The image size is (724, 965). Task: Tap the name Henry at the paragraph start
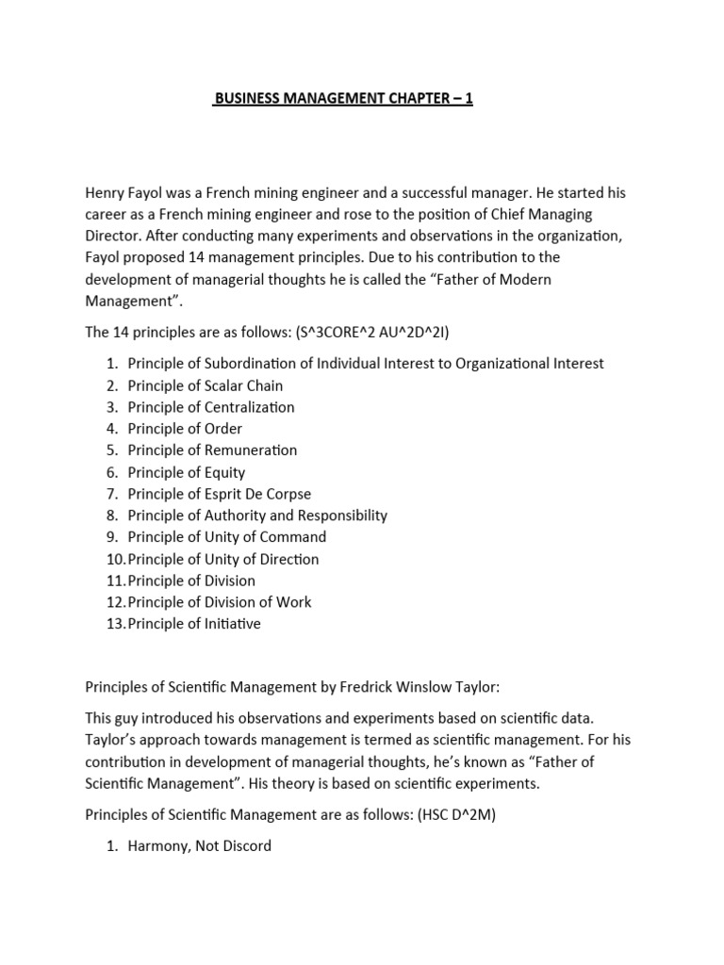tap(106, 192)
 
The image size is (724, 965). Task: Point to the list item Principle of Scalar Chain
tap(205, 385)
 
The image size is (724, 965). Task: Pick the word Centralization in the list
tap(248, 407)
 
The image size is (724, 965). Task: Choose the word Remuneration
tap(250, 450)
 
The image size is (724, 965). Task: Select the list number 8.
tap(111, 515)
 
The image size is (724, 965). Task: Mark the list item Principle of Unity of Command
tap(226, 537)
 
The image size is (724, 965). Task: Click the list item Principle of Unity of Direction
tap(223, 559)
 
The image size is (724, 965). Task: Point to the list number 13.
tap(114, 624)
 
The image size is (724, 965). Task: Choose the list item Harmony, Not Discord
tap(199, 845)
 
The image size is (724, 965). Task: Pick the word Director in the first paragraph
tap(114, 236)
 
